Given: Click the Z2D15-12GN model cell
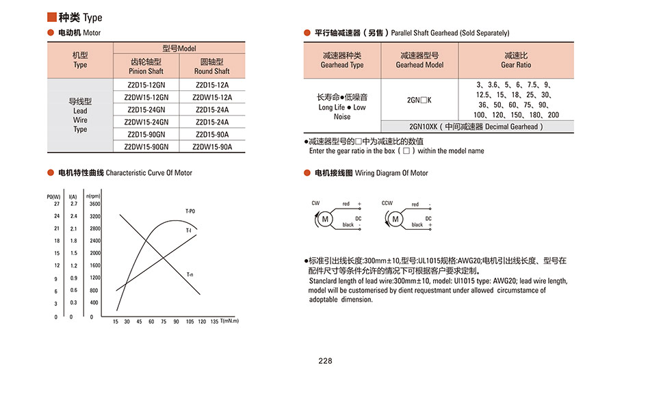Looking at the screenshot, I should (x=147, y=85).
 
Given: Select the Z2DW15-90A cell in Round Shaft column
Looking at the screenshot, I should (x=212, y=146).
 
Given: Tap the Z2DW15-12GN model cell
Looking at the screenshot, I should (x=147, y=97).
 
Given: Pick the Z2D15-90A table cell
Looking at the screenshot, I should (x=212, y=134).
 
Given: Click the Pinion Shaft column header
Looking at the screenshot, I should (x=146, y=66).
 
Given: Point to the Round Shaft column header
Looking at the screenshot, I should (x=212, y=66).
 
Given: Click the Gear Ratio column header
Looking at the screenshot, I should (x=516, y=60).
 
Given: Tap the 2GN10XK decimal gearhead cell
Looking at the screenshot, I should (x=477, y=127).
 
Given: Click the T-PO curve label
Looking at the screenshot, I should (x=190, y=210).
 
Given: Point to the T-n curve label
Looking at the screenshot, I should (x=190, y=274).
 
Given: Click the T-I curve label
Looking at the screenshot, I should (x=188, y=231).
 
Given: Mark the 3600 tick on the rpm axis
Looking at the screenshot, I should (x=94, y=204).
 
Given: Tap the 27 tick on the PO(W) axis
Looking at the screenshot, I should (x=57, y=204).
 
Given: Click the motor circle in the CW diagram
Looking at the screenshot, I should (x=325, y=219).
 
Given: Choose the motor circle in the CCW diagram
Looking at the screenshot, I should (x=395, y=219).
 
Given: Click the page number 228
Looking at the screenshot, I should (x=325, y=361).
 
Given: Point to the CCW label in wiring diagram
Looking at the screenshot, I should (x=387, y=203).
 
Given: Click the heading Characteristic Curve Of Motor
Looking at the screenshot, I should (x=149, y=173).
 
